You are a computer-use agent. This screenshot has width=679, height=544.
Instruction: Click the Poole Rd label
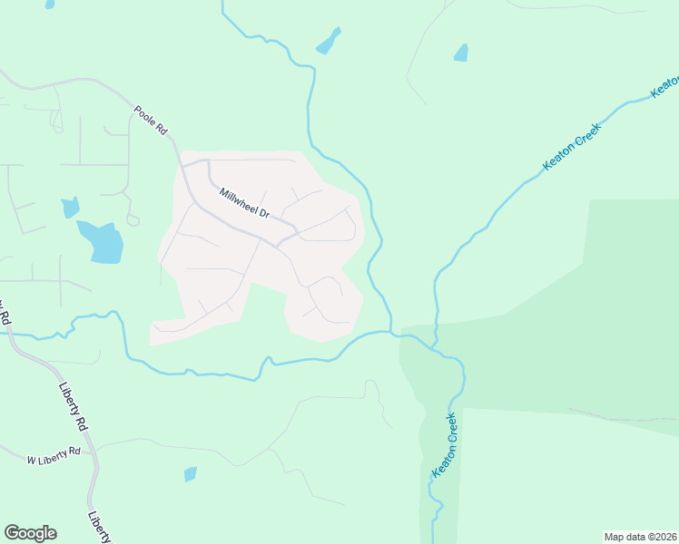tap(151, 121)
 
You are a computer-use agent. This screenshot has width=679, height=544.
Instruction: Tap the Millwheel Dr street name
tap(244, 203)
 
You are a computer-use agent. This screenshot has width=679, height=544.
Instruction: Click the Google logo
tap(30, 533)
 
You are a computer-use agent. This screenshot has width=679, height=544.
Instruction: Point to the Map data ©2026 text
tap(639, 537)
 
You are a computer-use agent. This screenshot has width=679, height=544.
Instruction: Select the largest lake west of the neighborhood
tap(102, 241)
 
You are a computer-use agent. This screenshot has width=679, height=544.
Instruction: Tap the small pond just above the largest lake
tap(70, 208)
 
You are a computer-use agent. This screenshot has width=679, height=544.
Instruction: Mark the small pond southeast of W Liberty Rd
tap(190, 474)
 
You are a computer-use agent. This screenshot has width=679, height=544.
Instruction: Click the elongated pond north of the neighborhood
tap(328, 41)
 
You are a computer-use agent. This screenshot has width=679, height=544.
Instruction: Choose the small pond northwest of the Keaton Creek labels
tap(461, 53)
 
